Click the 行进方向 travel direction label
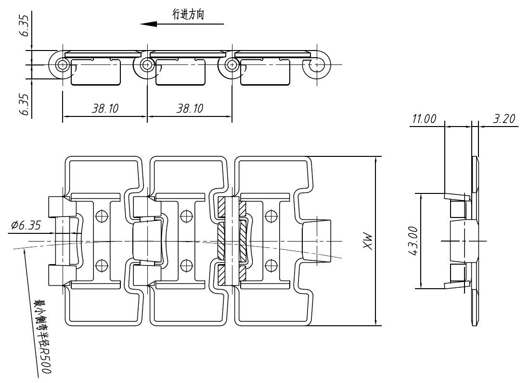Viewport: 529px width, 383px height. [x=188, y=15]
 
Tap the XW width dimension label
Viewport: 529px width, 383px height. [x=368, y=241]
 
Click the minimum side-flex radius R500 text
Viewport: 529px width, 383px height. [x=43, y=337]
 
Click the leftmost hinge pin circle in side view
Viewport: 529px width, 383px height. [x=62, y=64]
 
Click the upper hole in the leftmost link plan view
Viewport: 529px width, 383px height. [x=101, y=216]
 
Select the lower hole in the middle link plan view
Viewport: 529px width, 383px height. [x=186, y=265]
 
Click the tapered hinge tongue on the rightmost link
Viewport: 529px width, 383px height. [x=316, y=241]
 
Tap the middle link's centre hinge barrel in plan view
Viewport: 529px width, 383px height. [x=148, y=241]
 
